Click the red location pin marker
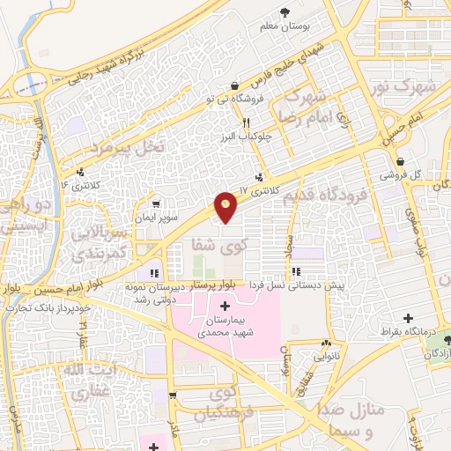(226, 206)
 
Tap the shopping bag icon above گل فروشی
(401, 161)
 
